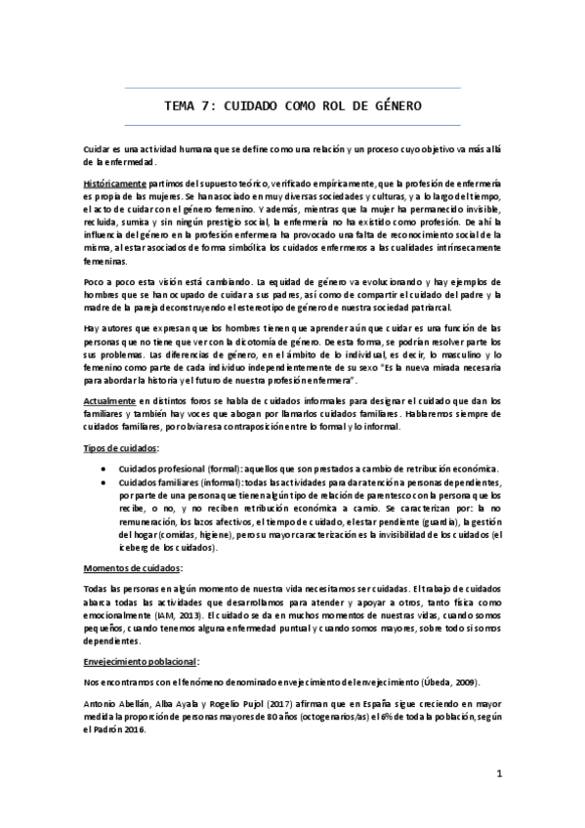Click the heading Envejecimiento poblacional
pyautogui.click(x=142, y=661)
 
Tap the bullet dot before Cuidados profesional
pyautogui.click(x=104, y=469)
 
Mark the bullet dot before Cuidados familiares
pyautogui.click(x=104, y=483)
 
